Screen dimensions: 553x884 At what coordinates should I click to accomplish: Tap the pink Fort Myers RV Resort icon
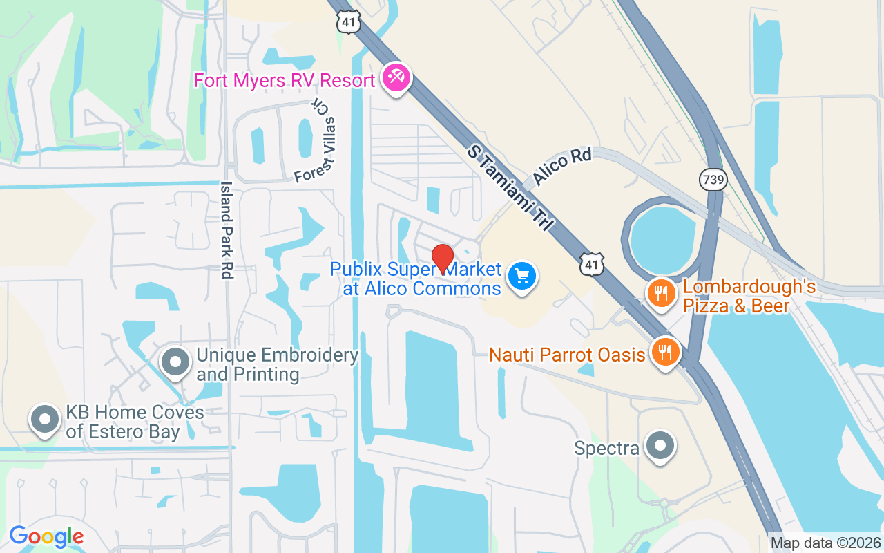pos(396,77)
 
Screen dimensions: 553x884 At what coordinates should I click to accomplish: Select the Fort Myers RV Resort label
pos(285,80)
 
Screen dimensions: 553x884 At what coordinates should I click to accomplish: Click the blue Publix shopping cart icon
pos(522,277)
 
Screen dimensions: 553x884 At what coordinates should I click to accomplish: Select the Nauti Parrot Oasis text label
pos(566,355)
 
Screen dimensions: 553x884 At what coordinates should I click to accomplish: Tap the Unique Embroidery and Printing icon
pos(175,362)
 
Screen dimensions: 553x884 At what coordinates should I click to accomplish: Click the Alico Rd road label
pos(561,166)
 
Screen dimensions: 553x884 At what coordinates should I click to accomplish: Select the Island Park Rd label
pos(226,229)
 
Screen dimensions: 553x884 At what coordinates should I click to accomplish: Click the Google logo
pos(46,536)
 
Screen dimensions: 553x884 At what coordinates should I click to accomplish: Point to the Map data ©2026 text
pos(825,543)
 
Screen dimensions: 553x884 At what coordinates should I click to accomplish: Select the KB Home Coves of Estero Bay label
pos(135,422)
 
